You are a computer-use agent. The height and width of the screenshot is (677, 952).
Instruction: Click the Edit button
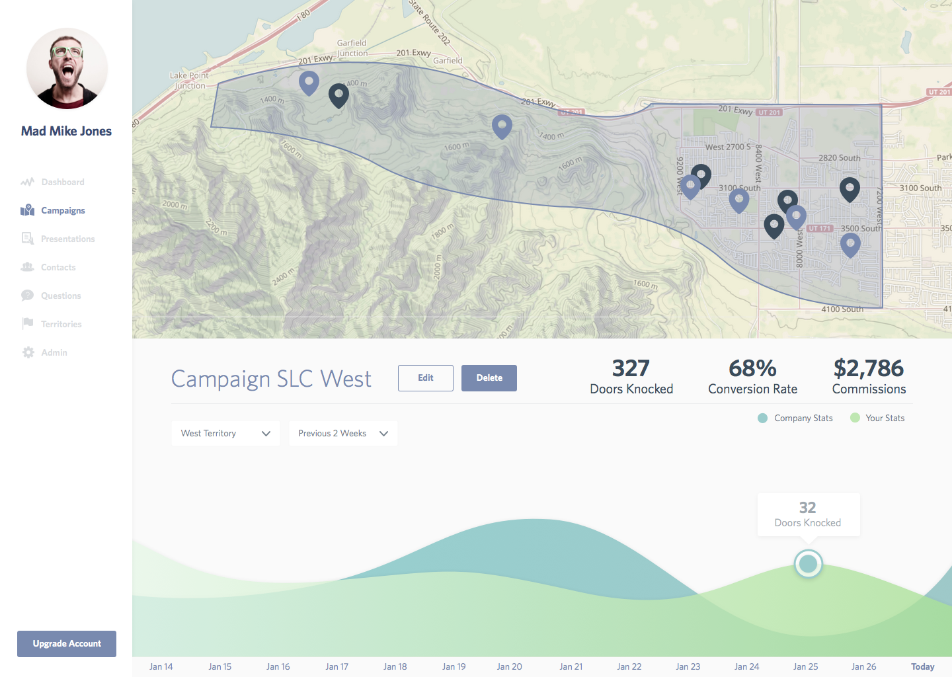click(425, 378)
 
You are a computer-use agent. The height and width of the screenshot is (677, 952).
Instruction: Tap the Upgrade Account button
click(67, 644)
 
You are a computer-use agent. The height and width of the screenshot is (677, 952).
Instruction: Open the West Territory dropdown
click(225, 433)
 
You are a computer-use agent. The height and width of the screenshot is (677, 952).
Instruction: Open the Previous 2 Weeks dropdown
click(343, 433)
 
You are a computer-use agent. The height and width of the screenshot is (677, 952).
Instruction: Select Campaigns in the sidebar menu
click(63, 210)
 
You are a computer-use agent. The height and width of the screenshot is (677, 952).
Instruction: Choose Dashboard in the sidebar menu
click(62, 182)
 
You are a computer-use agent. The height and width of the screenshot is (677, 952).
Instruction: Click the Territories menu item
click(61, 324)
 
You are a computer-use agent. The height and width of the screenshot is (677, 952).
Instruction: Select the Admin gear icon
click(28, 352)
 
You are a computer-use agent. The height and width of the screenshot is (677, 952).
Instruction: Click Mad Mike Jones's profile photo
click(67, 68)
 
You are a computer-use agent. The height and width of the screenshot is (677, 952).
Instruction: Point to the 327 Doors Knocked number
click(631, 368)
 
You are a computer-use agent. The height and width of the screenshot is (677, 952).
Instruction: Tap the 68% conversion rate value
click(752, 368)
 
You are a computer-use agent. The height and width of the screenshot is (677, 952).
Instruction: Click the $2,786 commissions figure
click(869, 368)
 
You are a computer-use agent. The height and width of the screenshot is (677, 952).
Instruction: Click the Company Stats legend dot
click(762, 418)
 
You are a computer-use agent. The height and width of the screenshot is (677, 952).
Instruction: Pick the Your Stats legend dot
click(855, 418)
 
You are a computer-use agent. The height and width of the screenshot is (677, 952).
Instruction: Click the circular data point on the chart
click(808, 564)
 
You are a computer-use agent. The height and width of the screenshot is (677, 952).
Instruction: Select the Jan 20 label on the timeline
click(509, 666)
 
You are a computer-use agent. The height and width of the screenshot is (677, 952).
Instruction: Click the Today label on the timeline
click(922, 666)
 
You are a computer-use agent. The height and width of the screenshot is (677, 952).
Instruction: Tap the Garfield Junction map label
click(352, 48)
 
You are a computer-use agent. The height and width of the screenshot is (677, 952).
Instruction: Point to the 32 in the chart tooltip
click(807, 508)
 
